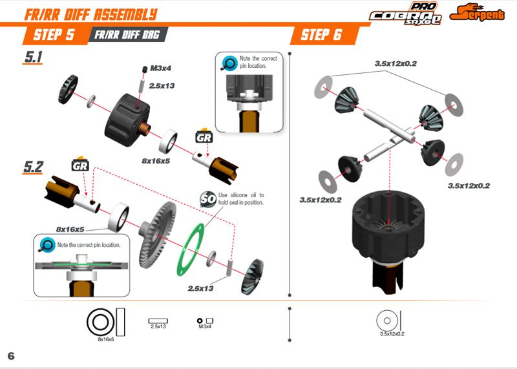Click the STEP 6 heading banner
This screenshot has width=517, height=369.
click(321, 34)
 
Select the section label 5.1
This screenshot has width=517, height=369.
click(33, 57)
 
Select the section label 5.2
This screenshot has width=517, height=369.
click(33, 167)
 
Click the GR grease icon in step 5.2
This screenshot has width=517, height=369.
click(80, 164)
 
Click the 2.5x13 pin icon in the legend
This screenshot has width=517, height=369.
click(158, 320)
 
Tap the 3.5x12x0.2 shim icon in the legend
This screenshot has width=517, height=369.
click(386, 320)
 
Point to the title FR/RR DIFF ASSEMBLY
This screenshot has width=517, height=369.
click(90, 14)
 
